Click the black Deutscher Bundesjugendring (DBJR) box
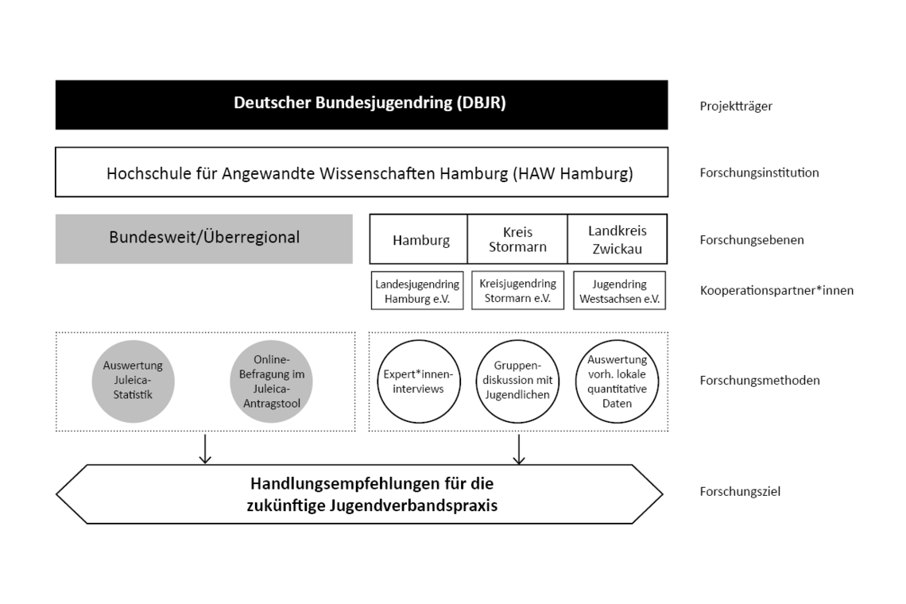(362, 104)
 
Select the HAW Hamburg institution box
(362, 172)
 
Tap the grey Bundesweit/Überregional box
(204, 238)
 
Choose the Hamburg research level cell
(420, 239)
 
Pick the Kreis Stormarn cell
(518, 239)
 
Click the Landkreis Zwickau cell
(618, 239)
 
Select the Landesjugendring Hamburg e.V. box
(417, 291)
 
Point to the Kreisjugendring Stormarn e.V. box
(518, 291)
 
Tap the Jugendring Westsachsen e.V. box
(619, 291)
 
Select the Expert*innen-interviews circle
(418, 381)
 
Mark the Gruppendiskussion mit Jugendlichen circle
(517, 381)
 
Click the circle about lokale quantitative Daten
(617, 381)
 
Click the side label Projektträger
(736, 106)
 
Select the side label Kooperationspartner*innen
(776, 290)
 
